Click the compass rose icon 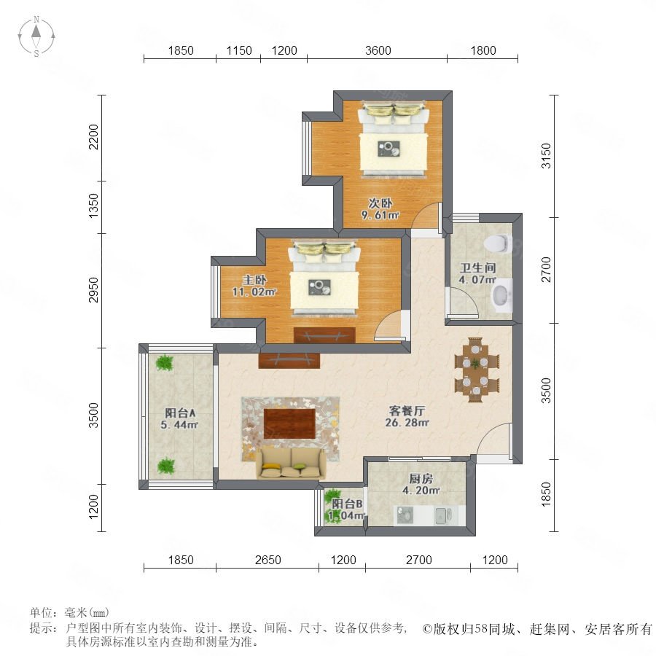[36, 36]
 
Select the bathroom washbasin [501, 295]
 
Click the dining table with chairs [477, 370]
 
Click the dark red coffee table [289, 423]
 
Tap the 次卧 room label [380, 203]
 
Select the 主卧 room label [254, 279]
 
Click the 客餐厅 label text [407, 411]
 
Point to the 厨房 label [421, 478]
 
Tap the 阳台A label [180, 413]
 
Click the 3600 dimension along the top [378, 50]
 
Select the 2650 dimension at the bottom [268, 560]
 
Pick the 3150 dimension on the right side [547, 156]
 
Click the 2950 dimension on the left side [93, 289]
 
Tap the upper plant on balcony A [165, 363]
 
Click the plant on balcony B [332, 498]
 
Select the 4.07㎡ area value [477, 279]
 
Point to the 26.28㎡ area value [407, 423]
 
